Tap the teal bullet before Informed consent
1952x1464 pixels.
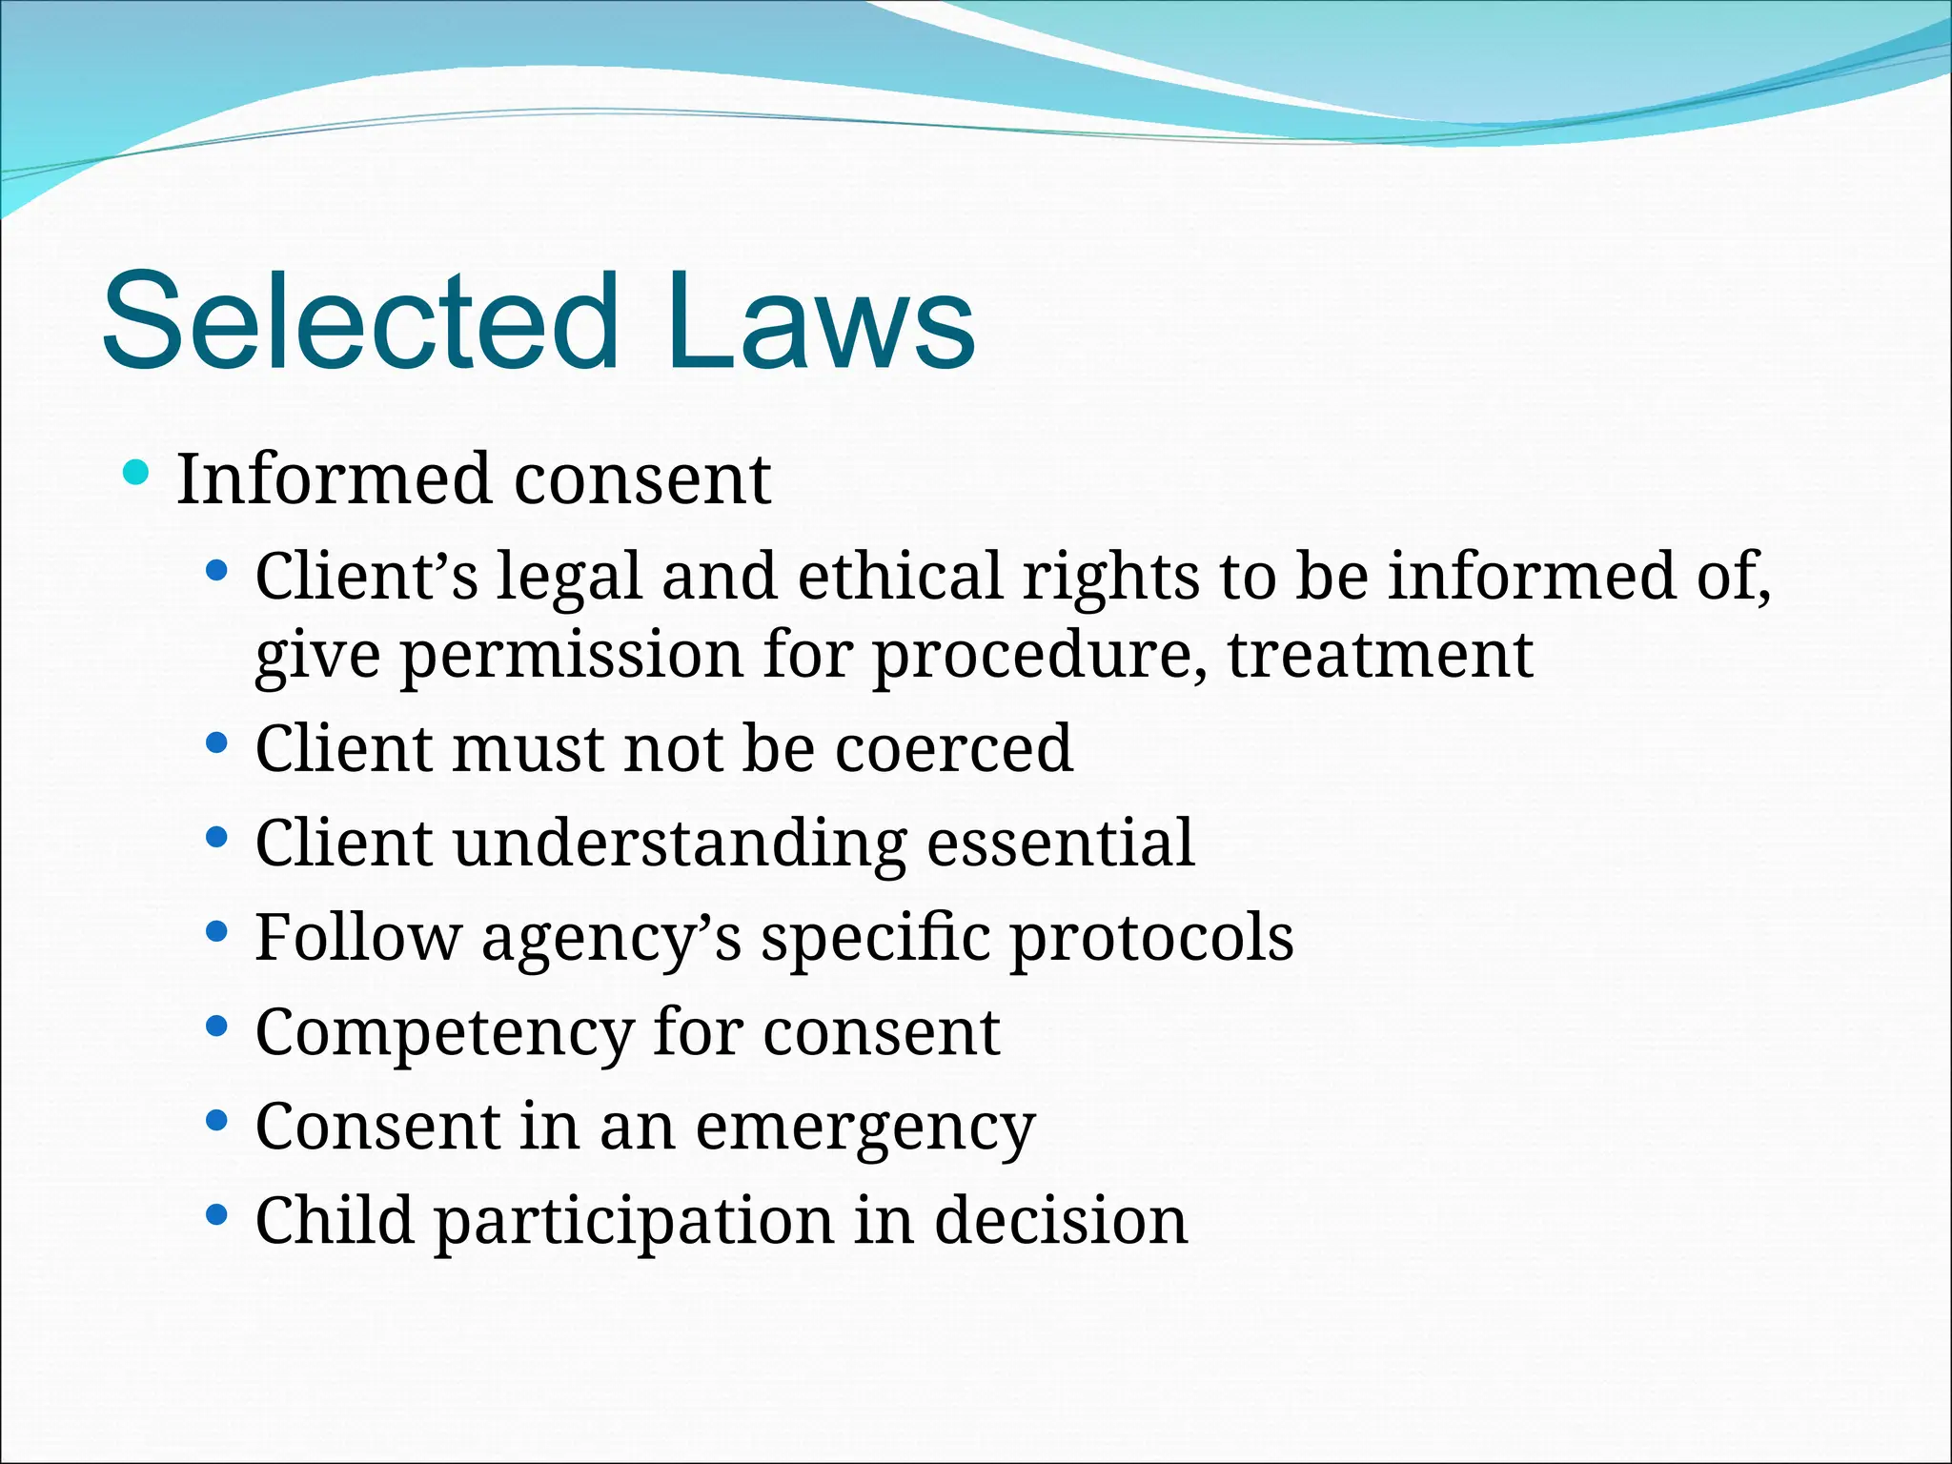click(137, 472)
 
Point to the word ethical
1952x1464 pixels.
click(899, 577)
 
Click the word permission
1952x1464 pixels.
click(571, 657)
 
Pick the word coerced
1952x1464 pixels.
click(954, 748)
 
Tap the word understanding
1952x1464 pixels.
click(679, 845)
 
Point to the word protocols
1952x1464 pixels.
click(1151, 940)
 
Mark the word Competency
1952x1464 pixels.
click(444, 1034)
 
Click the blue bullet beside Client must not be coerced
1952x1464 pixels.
click(217, 742)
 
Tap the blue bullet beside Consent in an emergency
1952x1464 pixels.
click(217, 1120)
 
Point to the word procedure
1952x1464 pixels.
click(1040, 657)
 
